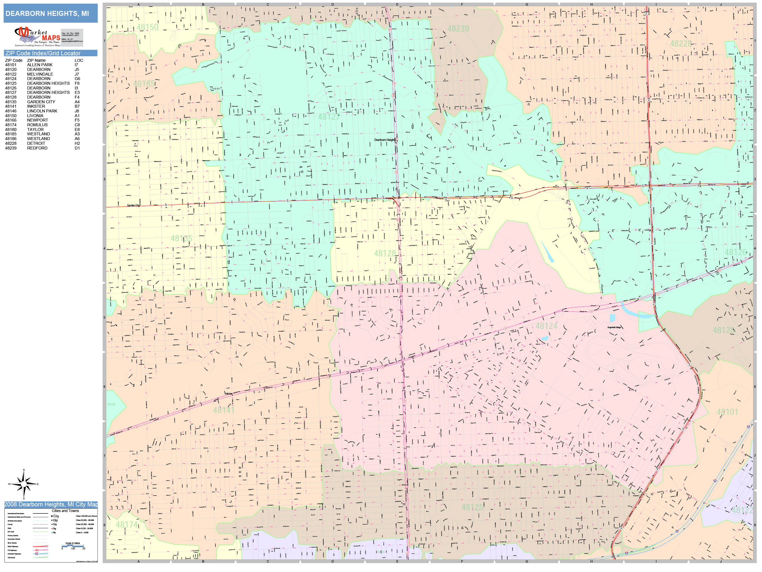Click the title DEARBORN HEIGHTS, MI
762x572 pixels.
coord(47,14)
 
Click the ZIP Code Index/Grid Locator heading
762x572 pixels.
coord(43,53)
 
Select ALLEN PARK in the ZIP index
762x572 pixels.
coord(40,65)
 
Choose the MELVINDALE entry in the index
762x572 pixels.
coord(40,74)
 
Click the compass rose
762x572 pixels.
coord(24,484)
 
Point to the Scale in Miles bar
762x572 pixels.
coord(73,546)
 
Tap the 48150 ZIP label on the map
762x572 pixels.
coord(148,27)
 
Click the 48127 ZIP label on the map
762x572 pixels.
coord(329,117)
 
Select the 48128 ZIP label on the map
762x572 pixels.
coord(385,253)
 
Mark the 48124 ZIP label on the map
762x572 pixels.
coord(546,326)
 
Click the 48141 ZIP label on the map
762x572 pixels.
coord(223,410)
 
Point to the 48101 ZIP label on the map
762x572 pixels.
coord(727,412)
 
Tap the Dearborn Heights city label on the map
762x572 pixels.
coord(385,140)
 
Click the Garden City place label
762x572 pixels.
coord(133,205)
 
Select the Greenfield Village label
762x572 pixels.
coord(614,327)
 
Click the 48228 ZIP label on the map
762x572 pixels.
coord(681,44)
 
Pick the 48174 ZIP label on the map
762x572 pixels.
coord(126,525)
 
